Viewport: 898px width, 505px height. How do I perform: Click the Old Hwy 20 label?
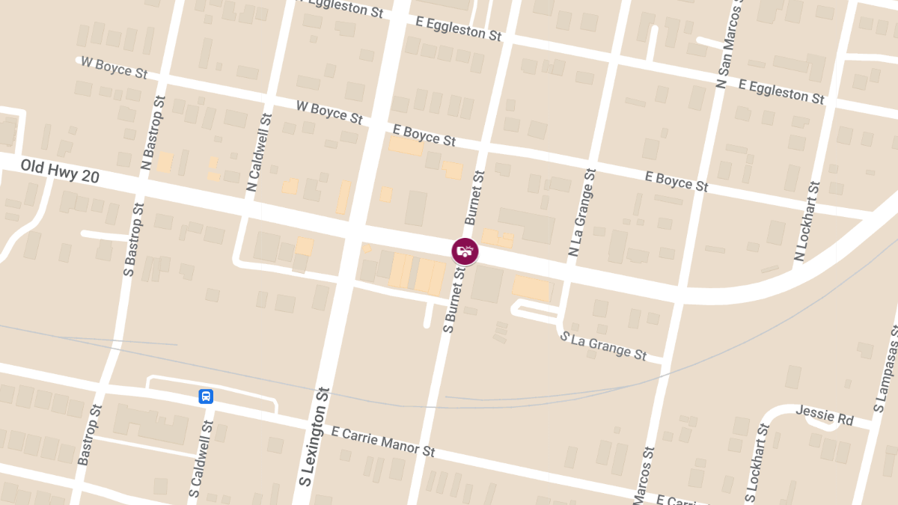[x=60, y=171]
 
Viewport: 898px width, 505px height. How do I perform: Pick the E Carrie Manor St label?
[x=382, y=441]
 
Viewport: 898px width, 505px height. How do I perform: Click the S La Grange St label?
[x=603, y=345]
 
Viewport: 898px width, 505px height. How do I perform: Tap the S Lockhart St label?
[x=757, y=463]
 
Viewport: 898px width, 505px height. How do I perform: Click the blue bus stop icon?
[x=206, y=397]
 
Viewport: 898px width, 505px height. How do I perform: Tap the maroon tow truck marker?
[x=465, y=251]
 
